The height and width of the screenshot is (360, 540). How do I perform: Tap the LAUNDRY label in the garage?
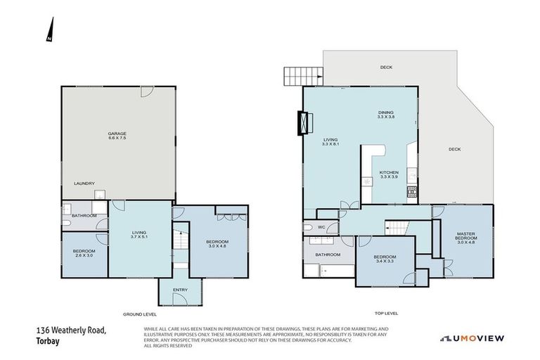pyautogui.click(x=84, y=184)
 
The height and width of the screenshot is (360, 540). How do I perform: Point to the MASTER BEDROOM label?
pyautogui.click(x=467, y=237)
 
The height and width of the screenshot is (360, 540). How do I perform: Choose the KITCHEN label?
pyautogui.click(x=389, y=172)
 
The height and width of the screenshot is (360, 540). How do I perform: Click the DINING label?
pyautogui.click(x=386, y=112)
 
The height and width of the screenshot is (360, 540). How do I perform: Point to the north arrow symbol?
pyautogui.click(x=49, y=30)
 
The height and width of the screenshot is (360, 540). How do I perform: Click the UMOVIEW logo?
pyautogui.click(x=472, y=338)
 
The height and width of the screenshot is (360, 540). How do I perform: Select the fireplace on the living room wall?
pyautogui.click(x=304, y=123)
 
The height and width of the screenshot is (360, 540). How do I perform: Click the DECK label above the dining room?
pyautogui.click(x=386, y=67)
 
